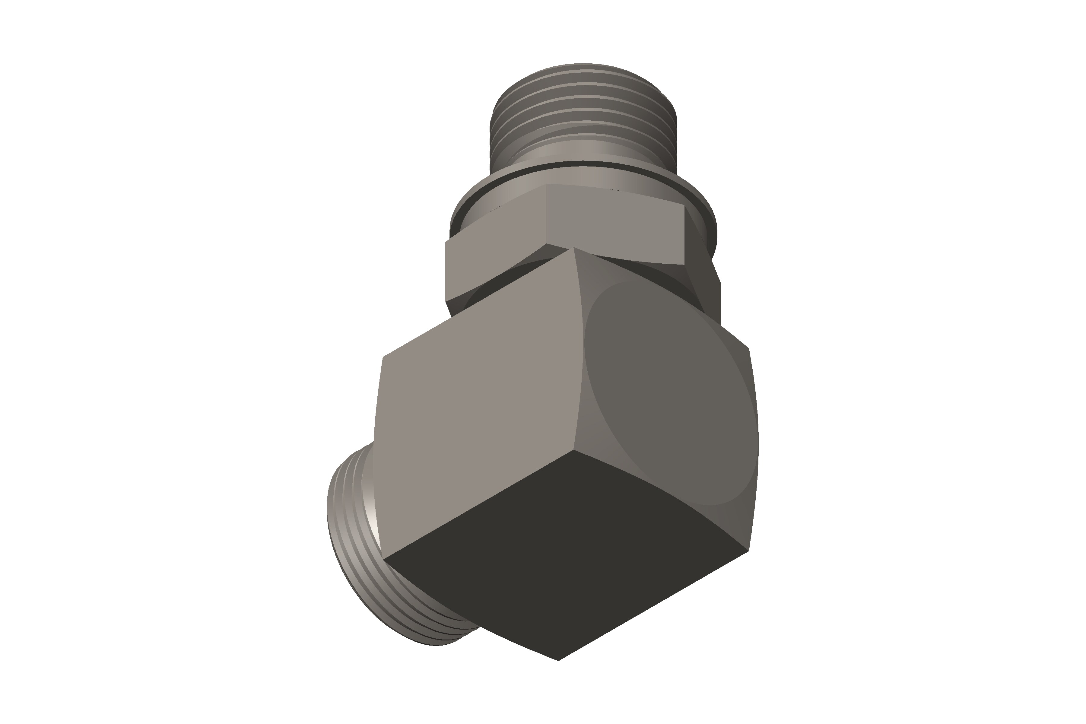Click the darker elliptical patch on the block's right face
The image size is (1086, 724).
(x=669, y=392)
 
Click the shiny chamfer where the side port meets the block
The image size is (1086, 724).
(x=369, y=508)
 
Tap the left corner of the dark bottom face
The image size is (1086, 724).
(x=383, y=559)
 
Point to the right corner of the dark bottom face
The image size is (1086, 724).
(x=748, y=550)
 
